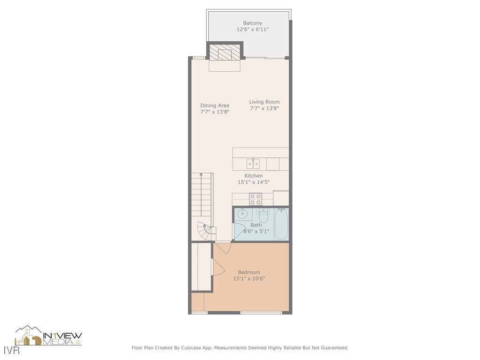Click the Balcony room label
252,23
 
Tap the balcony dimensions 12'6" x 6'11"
252,30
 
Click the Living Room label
264,102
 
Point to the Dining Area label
215,105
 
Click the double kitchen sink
254,164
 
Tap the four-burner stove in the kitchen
255,199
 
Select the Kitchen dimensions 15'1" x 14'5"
254,182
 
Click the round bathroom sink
242,214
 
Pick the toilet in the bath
263,217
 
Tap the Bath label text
256,225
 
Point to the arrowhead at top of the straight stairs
202,174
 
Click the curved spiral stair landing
205,231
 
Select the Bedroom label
249,272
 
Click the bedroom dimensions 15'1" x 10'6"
249,279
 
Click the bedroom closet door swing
217,267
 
